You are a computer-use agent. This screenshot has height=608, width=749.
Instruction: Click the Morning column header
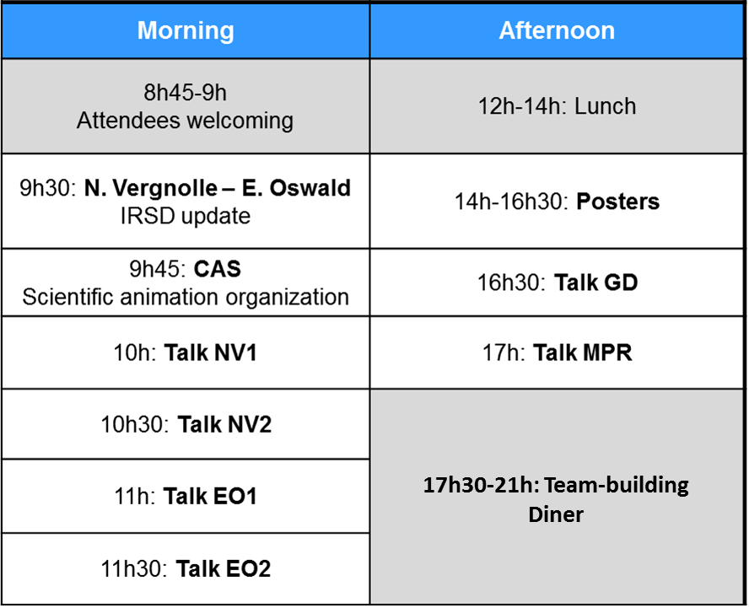[186, 30]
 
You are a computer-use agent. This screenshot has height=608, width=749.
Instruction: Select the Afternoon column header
[557, 30]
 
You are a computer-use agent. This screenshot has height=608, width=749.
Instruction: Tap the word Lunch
[606, 106]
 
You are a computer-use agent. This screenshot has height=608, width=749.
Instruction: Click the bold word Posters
[617, 202]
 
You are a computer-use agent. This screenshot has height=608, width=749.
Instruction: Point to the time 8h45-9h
[186, 93]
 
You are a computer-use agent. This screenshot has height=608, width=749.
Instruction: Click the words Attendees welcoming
[186, 121]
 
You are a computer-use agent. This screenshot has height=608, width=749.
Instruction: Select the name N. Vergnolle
[150, 188]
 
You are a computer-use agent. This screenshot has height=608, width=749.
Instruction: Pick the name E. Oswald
[296, 188]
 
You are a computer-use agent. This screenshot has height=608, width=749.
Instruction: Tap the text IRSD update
[186, 216]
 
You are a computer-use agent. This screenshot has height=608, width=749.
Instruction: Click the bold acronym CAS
[218, 269]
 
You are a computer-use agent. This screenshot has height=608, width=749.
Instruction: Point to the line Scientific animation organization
[186, 297]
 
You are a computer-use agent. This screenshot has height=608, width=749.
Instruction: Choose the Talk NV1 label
[211, 353]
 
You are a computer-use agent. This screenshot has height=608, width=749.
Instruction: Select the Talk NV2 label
[224, 425]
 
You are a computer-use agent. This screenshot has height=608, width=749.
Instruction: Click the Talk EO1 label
[210, 496]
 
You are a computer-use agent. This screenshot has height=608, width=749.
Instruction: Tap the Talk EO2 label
[223, 569]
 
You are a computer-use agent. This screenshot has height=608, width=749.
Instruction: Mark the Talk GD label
[596, 282]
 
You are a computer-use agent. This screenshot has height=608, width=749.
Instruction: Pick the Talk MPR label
[582, 353]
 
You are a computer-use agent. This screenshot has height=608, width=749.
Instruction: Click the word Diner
[556, 515]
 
